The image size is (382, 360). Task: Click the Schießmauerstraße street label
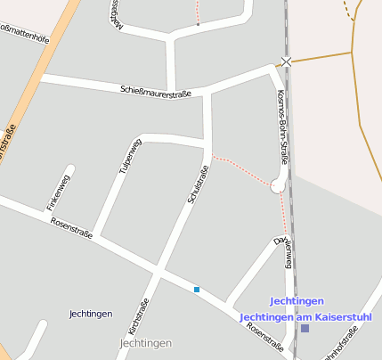[156, 90]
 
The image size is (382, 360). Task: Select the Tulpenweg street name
[130, 155]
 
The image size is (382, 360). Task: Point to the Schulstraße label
[198, 185]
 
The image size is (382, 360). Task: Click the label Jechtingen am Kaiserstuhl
[305, 316]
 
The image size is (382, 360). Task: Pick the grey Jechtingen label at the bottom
[144, 343]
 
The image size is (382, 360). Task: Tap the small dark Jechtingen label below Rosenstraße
[90, 314]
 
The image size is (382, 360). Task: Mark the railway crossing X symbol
[286, 61]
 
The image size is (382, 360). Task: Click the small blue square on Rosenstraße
[197, 289]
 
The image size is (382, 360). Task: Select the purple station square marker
[305, 328]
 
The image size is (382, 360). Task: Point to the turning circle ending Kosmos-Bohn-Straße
[279, 186]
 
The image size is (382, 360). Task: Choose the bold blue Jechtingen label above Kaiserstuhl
[297, 301]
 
